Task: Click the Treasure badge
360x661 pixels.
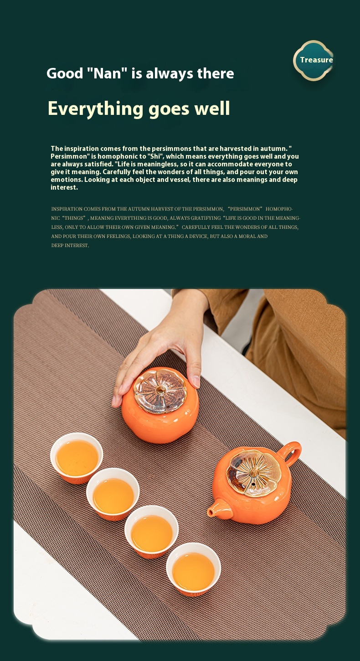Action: pos(314,60)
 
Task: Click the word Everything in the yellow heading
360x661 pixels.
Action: pos(96,109)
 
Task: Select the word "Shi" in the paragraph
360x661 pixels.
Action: pos(155,156)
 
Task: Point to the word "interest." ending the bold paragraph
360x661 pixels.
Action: pos(64,187)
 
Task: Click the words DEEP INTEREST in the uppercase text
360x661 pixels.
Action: pos(70,245)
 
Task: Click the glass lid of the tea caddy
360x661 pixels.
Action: pos(160,391)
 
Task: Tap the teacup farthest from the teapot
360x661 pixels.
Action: pos(77,458)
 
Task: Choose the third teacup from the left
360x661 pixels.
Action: pos(151,532)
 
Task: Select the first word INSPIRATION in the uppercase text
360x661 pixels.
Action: pos(67,209)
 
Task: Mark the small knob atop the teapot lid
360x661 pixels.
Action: pos(253,472)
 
